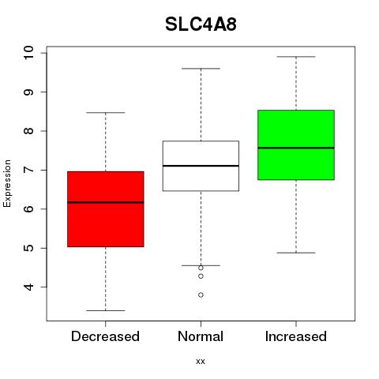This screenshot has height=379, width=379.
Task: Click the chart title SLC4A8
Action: point(201,24)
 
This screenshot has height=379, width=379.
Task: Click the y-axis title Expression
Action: point(7,183)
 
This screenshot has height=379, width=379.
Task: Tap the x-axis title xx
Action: point(201,362)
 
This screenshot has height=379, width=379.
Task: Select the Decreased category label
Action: point(105,336)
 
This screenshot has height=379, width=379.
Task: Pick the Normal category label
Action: point(201,336)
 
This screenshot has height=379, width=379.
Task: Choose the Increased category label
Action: point(296,336)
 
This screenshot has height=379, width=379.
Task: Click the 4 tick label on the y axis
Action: point(29,287)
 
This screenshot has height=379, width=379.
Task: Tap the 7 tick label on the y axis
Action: point(29,170)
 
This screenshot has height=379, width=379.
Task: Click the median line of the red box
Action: point(106,202)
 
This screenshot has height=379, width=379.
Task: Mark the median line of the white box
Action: point(201,166)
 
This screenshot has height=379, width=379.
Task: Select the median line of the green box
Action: point(296,148)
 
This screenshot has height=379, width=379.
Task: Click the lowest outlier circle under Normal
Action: point(201,295)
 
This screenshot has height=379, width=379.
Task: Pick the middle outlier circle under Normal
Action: point(201,276)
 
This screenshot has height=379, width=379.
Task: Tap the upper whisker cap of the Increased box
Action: point(296,57)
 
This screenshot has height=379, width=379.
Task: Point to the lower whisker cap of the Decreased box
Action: point(106,310)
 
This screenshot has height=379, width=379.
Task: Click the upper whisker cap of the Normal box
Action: point(201,69)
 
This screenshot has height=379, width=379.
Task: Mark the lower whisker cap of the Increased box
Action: point(296,253)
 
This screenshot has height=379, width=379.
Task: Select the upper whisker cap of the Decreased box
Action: point(106,113)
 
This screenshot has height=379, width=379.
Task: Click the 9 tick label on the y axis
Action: point(29,92)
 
